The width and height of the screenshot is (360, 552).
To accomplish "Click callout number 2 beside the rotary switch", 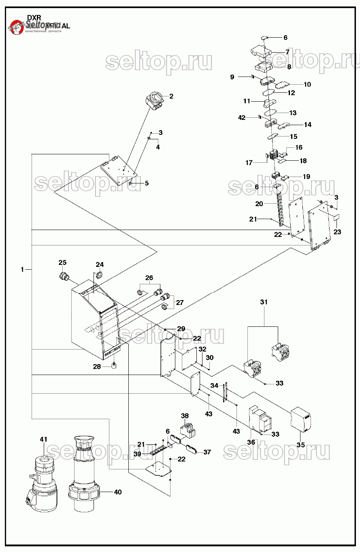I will (171, 96).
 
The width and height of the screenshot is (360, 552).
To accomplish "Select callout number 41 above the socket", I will (44, 439).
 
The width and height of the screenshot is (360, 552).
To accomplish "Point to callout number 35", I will (300, 445).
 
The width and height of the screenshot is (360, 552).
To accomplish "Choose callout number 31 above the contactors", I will (264, 302).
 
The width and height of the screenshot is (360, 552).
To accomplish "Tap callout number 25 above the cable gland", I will (62, 262).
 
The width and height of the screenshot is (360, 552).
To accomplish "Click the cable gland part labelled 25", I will (63, 277).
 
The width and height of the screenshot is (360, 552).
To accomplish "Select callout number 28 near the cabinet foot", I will (97, 367).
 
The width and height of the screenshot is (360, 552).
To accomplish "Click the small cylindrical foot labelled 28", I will (114, 367).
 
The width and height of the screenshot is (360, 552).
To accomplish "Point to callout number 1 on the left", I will (22, 269).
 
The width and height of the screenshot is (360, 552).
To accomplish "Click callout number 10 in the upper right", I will (307, 84).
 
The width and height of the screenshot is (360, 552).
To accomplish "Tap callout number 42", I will (242, 118).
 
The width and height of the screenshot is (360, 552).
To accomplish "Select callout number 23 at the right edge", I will (337, 232).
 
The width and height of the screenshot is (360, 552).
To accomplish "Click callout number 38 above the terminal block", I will (185, 416).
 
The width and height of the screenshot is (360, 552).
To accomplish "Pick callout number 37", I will (207, 452).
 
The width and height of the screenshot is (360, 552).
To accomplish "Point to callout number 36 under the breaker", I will (251, 442).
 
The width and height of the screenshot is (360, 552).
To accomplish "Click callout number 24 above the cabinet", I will (100, 265).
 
